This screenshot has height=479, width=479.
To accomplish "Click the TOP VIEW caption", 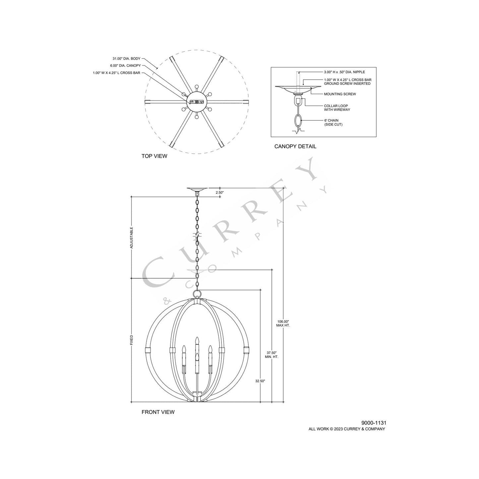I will pos(154,156).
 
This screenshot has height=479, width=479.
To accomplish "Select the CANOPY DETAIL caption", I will pos(295,146).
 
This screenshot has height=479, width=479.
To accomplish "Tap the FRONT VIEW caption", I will pos(158,412).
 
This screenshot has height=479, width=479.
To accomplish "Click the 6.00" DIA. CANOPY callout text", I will pos(125,66).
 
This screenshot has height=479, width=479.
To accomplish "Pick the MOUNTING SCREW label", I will pos(340,94).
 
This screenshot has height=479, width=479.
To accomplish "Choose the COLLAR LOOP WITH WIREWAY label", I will pos(337,108).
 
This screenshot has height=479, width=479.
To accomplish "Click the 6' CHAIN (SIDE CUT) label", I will pos(333,122).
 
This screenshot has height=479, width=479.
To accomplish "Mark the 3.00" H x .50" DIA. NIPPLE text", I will pos(344,72).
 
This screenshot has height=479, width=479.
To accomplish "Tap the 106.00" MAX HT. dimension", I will pos(283,323).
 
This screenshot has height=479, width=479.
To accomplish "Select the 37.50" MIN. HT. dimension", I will pos(271,355).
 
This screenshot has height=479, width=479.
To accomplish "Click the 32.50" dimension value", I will pos(260,381).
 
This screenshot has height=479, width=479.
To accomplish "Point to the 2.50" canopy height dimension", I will pos(220,192).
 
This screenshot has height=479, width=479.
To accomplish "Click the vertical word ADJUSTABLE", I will pos(132,238).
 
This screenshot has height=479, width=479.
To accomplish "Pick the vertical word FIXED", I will pos(132,340).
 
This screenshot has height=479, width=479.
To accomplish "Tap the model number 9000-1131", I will pos(374,423).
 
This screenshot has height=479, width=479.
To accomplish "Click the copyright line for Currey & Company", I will pos(347,429).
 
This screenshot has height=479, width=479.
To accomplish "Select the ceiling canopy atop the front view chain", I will pos(197,190).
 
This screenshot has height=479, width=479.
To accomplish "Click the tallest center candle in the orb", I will pos(197,346).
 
